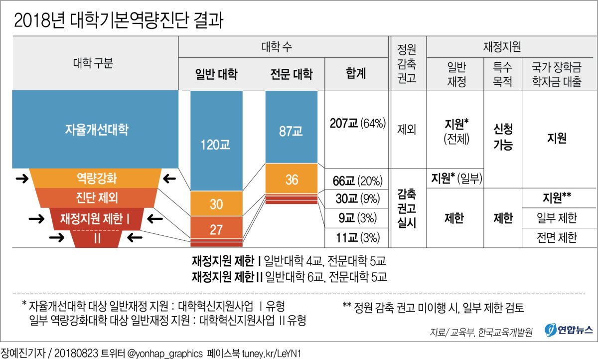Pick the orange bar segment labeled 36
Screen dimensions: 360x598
(x=291, y=179)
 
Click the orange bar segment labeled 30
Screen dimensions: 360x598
(x=216, y=203)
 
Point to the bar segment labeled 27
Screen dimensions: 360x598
(x=216, y=229)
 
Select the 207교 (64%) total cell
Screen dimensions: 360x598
(x=358, y=124)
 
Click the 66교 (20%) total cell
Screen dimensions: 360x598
(x=358, y=180)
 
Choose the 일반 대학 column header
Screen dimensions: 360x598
(x=216, y=74)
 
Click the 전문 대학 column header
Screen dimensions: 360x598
(x=291, y=74)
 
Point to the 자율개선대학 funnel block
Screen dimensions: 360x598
(x=96, y=130)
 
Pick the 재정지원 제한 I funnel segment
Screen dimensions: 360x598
(x=96, y=218)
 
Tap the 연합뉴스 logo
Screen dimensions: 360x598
(x=568, y=330)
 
